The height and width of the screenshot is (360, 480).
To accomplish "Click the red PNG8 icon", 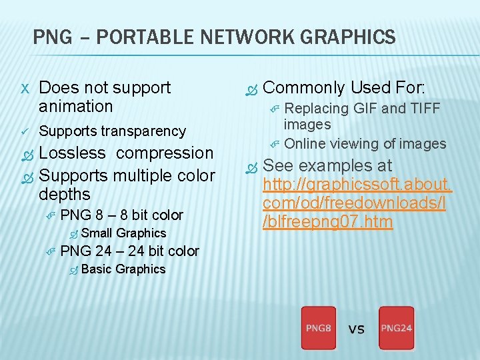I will (x=318, y=327).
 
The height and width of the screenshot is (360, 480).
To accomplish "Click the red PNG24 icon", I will (x=396, y=327).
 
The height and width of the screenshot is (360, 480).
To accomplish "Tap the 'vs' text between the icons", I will (x=357, y=328).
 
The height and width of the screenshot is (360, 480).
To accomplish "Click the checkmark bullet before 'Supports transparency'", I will (x=25, y=131).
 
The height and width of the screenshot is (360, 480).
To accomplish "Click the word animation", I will (x=76, y=106).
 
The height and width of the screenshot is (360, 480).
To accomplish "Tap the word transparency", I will (x=143, y=131).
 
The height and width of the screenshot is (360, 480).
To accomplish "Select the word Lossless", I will (x=72, y=153).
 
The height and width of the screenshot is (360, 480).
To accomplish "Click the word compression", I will (x=165, y=153).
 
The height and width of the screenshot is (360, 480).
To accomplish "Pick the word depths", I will (x=64, y=194).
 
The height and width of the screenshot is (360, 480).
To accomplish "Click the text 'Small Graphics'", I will (x=123, y=233).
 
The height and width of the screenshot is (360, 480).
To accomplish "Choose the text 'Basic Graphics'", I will (x=123, y=269).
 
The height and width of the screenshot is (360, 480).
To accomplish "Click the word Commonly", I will (x=304, y=87).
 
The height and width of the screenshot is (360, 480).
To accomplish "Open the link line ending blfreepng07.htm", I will (x=329, y=221).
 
